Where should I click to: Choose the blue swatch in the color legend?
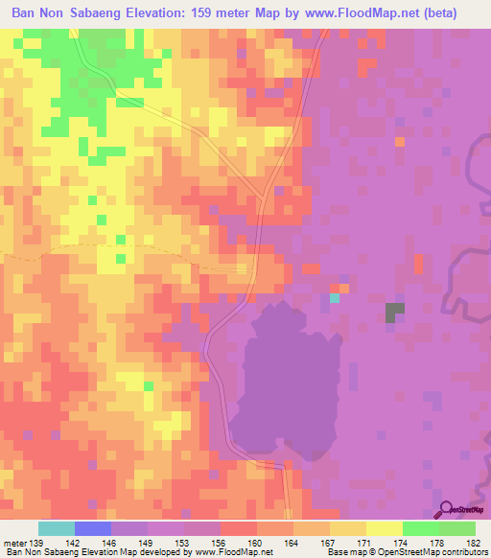point(93,529)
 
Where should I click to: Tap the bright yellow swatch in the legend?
point(384,529)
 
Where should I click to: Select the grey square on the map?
point(395,311)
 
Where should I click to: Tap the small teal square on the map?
point(335,298)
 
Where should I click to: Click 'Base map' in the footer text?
point(344,552)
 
